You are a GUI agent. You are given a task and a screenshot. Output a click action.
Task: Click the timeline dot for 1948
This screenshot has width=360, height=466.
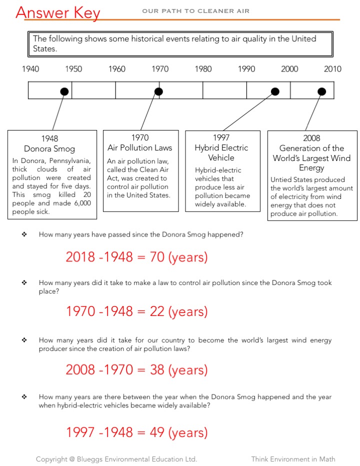(64, 91)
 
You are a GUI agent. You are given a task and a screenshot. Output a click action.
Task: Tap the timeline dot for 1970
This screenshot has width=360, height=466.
(158, 91)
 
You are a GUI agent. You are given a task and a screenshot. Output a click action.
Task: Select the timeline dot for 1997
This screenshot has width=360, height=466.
(274, 91)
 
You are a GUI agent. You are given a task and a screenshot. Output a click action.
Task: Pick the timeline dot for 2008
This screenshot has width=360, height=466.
(322, 91)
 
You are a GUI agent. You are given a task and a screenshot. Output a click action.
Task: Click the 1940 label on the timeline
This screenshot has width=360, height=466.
(30, 69)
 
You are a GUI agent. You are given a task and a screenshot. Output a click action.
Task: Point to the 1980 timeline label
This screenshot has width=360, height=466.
(203, 69)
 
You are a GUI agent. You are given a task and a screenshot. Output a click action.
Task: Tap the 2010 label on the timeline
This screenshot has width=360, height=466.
(332, 69)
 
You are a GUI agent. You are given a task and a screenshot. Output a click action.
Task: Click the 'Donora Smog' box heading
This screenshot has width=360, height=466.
(49, 148)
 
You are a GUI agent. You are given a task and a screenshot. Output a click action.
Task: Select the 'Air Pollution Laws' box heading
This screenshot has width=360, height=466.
(139, 147)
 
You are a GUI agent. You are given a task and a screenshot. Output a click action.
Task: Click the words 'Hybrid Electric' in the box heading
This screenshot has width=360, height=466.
(221, 147)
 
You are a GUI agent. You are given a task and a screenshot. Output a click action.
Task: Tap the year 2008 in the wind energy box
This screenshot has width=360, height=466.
(311, 138)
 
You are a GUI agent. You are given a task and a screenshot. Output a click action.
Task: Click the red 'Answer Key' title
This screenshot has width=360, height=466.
(58, 12)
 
